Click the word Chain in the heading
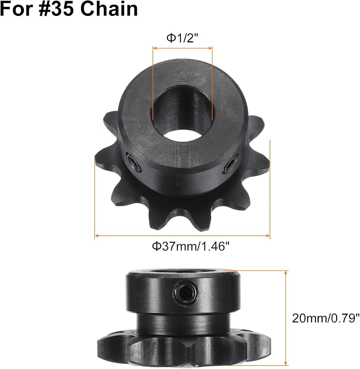coord(109,9)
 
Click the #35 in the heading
coord(58,9)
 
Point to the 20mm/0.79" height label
coord(326,318)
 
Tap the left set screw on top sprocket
coord(134,162)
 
